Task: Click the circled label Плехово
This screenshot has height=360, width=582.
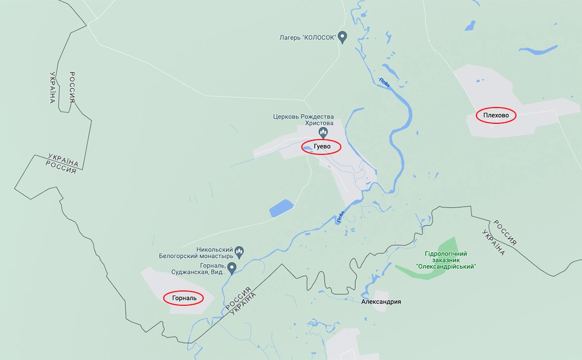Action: click(496, 116)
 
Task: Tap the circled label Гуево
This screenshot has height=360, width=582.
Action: click(321, 147)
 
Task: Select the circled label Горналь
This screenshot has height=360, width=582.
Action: click(183, 298)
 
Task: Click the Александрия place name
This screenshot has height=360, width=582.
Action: click(381, 301)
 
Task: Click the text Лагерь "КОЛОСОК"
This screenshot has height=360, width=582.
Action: click(307, 37)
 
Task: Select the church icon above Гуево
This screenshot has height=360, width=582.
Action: click(323, 131)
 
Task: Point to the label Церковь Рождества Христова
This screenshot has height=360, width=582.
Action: click(303, 120)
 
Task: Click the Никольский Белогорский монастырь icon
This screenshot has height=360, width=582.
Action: click(239, 252)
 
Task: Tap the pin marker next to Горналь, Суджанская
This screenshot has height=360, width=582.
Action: click(231, 267)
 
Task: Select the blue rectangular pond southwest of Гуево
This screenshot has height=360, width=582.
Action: click(281, 208)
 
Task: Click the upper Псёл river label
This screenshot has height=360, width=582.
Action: click(384, 82)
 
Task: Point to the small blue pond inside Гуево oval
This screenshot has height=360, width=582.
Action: click(307, 147)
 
